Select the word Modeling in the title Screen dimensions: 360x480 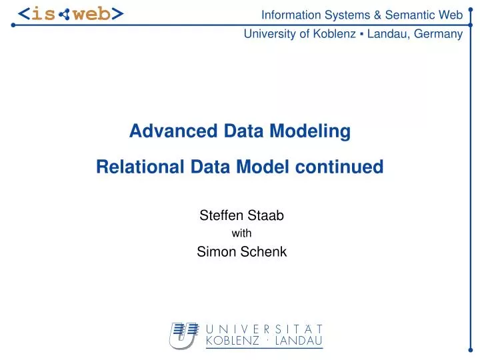pyautogui.click(x=316, y=131)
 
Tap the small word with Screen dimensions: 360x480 pyautogui.click(x=241, y=233)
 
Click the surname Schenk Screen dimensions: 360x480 pyautogui.click(x=262, y=251)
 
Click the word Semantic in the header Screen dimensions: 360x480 pyautogui.click(x=405, y=15)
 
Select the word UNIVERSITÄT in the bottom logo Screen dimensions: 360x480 pyautogui.click(x=265, y=329)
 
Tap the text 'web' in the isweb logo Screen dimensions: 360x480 pyautogui.click(x=91, y=14)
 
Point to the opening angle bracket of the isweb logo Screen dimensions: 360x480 pyautogui.click(x=23, y=14)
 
